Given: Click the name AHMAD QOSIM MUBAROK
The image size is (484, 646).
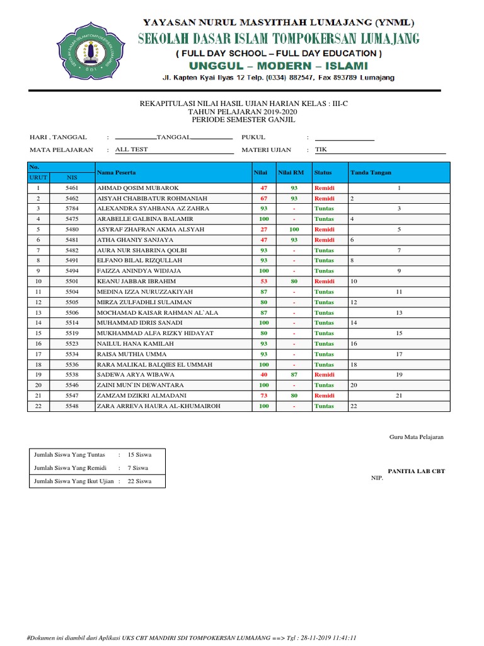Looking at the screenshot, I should pos(138,188).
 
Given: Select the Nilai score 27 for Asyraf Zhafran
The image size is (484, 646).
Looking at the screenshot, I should pos(263,230).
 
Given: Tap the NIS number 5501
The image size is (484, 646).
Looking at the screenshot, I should pos(72,281).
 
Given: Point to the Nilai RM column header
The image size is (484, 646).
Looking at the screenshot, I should pos(291,172).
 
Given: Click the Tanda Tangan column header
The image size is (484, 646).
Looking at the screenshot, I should pos(371,172).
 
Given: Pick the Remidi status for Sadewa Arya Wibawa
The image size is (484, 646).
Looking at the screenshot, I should pos(325,375).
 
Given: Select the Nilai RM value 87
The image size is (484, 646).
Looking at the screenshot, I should pos(294,375).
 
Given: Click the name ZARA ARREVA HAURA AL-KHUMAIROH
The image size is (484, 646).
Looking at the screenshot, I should pos(158,406).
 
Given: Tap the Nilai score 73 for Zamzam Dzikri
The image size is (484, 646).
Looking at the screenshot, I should pos(263,396).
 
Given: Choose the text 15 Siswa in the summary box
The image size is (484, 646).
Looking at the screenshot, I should pos(139,454).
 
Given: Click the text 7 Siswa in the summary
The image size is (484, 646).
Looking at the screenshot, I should pos(137,468).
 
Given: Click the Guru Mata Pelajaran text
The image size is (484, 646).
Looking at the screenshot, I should pos(416,437).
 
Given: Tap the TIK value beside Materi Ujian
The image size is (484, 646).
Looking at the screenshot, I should pos(321,150).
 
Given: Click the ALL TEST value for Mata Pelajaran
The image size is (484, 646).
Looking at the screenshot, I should pos(131,150).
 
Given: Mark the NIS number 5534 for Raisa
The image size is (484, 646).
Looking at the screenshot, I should pos(72,354).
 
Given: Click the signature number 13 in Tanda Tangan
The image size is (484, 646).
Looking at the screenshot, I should pos(399,312).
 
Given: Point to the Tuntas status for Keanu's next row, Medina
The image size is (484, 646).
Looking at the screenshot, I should pos(325,292).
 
